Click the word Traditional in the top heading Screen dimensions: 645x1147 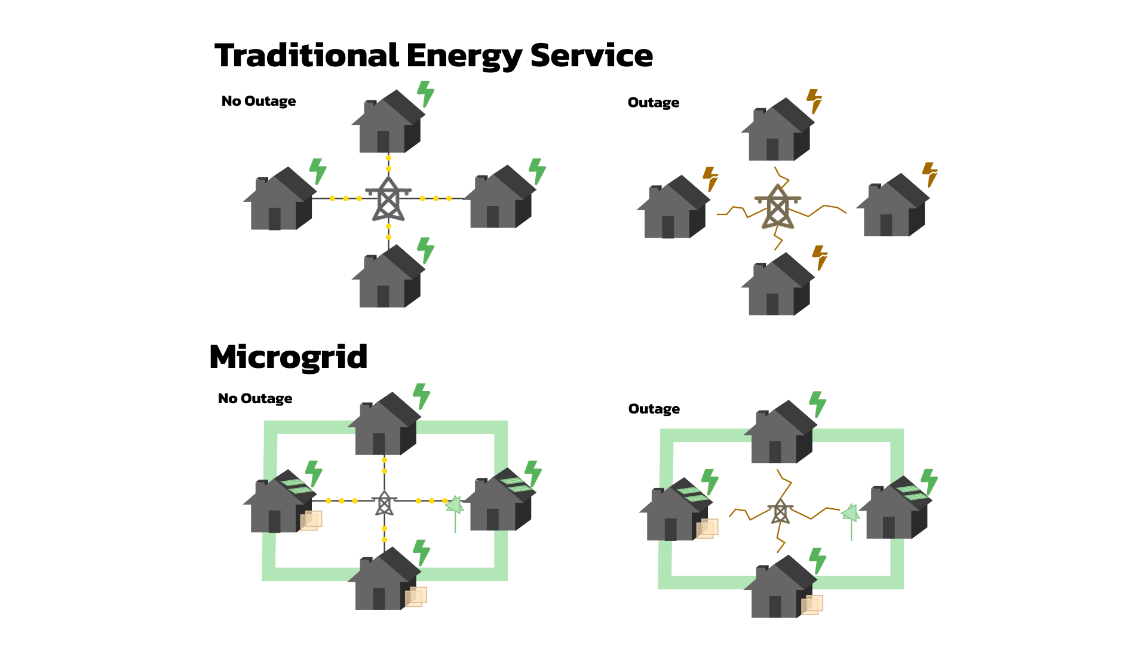point(306,56)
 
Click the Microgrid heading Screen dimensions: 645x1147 point(288,357)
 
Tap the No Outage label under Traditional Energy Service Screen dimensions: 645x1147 point(258,102)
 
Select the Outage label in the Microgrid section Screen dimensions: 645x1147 point(654,409)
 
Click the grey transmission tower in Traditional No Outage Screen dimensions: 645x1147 point(388,199)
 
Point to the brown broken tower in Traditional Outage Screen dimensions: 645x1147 point(777,208)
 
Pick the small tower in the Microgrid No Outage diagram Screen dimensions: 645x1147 point(384,503)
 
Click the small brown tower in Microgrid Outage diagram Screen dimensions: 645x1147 point(780,512)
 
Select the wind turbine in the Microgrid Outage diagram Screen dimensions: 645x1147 point(851,514)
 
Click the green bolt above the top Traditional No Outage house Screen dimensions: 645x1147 point(425,94)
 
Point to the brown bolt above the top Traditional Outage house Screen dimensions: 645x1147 point(815,100)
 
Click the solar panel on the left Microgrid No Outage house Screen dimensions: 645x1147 point(297,486)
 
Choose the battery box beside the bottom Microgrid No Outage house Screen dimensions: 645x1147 point(416,596)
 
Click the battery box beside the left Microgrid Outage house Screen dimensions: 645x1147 point(707,529)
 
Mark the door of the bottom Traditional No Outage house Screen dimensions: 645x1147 point(383,296)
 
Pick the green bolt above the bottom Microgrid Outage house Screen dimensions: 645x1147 point(817,560)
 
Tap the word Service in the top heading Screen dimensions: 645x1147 point(591,56)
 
